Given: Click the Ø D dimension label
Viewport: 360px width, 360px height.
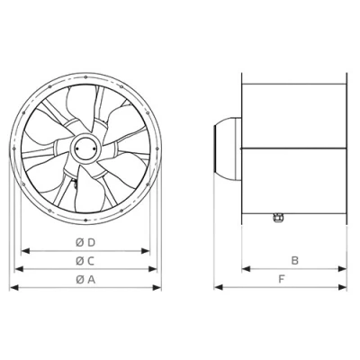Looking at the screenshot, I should [85, 243].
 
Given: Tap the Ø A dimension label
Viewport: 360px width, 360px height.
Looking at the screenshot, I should [85, 280].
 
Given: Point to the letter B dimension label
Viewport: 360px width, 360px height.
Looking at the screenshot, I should [293, 261].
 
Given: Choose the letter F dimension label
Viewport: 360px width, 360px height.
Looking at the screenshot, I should [283, 280].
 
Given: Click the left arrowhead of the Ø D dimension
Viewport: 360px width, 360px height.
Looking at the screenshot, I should [22, 250].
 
